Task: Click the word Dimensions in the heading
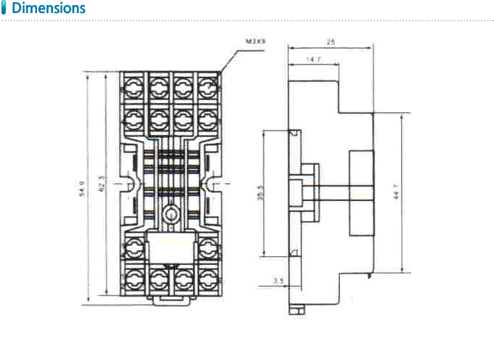(49, 9)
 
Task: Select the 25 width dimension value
(331, 43)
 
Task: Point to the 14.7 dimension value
(314, 59)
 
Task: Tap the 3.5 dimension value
(278, 280)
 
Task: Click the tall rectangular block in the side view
(363, 192)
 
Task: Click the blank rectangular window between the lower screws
(171, 250)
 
